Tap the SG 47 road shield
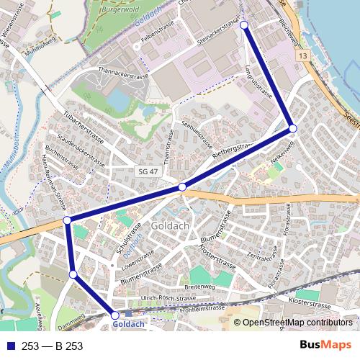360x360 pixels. click(x=146, y=171)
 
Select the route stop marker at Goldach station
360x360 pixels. click(x=115, y=315)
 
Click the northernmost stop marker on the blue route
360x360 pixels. click(x=243, y=25)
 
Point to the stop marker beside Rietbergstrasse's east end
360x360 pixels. click(x=292, y=128)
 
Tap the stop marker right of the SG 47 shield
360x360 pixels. click(x=182, y=187)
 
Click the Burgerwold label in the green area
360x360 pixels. click(x=120, y=11)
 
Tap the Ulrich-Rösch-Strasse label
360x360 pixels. click(x=168, y=297)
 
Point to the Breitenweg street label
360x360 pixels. click(x=199, y=286)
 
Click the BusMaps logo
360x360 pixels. click(x=325, y=346)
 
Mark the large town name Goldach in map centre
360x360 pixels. click(x=171, y=227)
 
